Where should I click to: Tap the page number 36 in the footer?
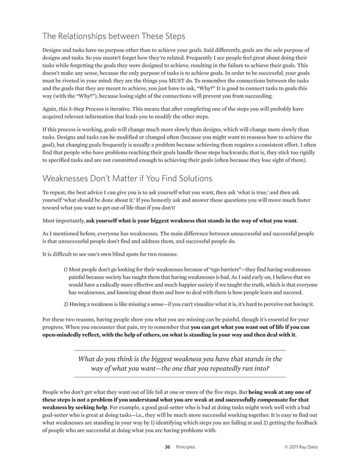[x=167, y=447]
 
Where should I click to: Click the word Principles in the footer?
[x=186, y=447]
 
